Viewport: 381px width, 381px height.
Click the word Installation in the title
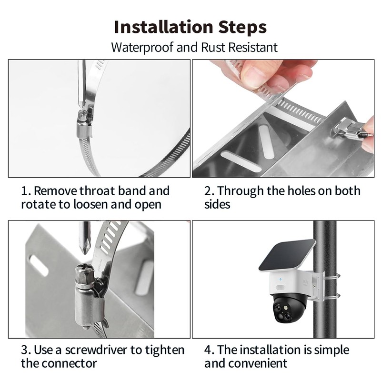point(163,27)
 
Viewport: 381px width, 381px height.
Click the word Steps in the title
point(242,28)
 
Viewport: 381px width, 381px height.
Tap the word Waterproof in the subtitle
point(142,47)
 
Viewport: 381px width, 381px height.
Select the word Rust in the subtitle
point(213,47)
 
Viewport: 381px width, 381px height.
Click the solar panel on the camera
point(287,255)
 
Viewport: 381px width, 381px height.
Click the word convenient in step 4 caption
point(258,363)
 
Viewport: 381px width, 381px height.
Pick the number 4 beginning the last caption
point(208,351)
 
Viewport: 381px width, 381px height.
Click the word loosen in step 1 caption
point(90,204)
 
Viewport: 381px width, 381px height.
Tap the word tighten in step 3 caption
point(165,351)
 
